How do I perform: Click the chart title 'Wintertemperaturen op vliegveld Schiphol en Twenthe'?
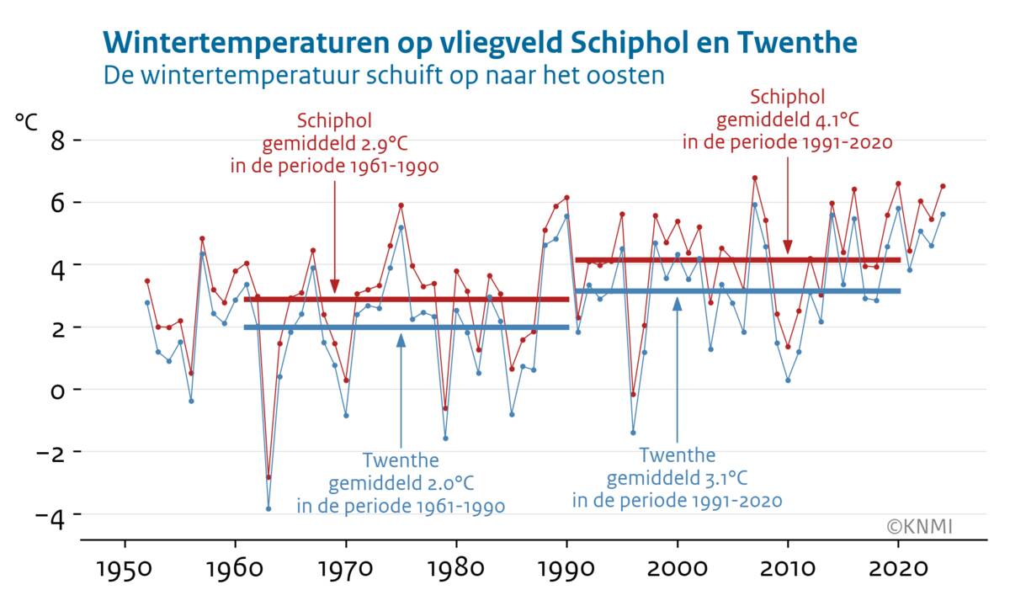click(480, 42)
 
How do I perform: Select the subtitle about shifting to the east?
click(383, 75)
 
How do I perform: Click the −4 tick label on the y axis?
click(47, 514)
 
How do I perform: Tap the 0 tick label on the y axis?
click(54, 390)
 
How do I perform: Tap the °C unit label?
click(26, 120)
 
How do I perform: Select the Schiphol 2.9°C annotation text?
click(335, 143)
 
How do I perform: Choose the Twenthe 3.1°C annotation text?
click(678, 478)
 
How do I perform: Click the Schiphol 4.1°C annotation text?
click(787, 119)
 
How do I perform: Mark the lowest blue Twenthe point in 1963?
click(268, 508)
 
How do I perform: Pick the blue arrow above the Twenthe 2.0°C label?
click(401, 387)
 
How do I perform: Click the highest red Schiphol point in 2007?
click(755, 178)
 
